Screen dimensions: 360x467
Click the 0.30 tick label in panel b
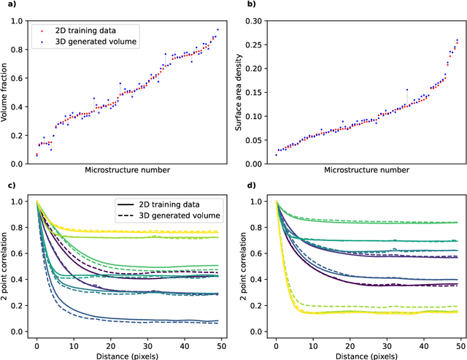pos(260,21)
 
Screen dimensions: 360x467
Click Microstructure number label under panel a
pos(127,170)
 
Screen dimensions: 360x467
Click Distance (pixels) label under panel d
pos(368,356)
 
